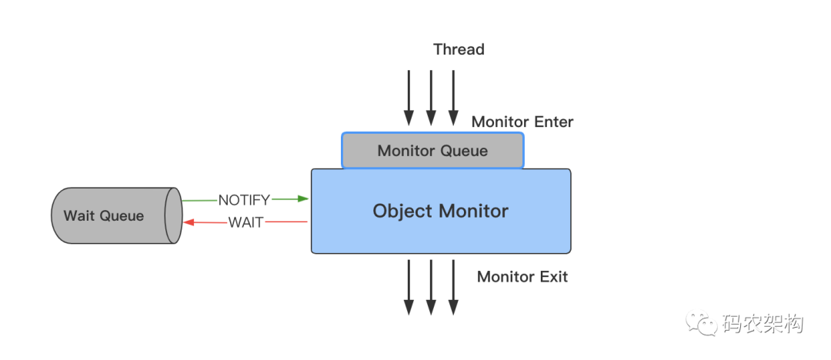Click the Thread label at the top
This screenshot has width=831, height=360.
click(x=459, y=49)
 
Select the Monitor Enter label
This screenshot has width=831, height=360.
click(x=522, y=122)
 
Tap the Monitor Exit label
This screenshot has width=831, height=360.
click(x=522, y=277)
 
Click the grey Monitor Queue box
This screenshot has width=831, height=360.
click(x=432, y=151)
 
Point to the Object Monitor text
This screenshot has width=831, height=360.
click(x=440, y=211)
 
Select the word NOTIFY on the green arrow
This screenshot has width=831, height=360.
click(x=245, y=200)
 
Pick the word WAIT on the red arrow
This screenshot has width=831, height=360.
click(x=246, y=222)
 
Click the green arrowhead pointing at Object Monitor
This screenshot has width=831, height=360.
click(x=303, y=198)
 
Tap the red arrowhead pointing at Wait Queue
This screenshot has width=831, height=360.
click(x=188, y=222)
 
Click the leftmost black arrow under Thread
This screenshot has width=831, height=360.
click(x=409, y=98)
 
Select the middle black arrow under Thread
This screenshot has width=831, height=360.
click(x=431, y=98)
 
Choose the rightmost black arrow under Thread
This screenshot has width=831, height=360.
click(x=453, y=98)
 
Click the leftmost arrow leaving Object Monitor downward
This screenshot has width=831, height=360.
click(x=409, y=287)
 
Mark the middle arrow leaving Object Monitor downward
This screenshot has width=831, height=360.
click(x=431, y=287)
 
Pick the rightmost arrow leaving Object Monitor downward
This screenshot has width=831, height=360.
click(x=453, y=287)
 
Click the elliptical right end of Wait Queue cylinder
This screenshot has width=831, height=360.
click(x=173, y=215)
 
